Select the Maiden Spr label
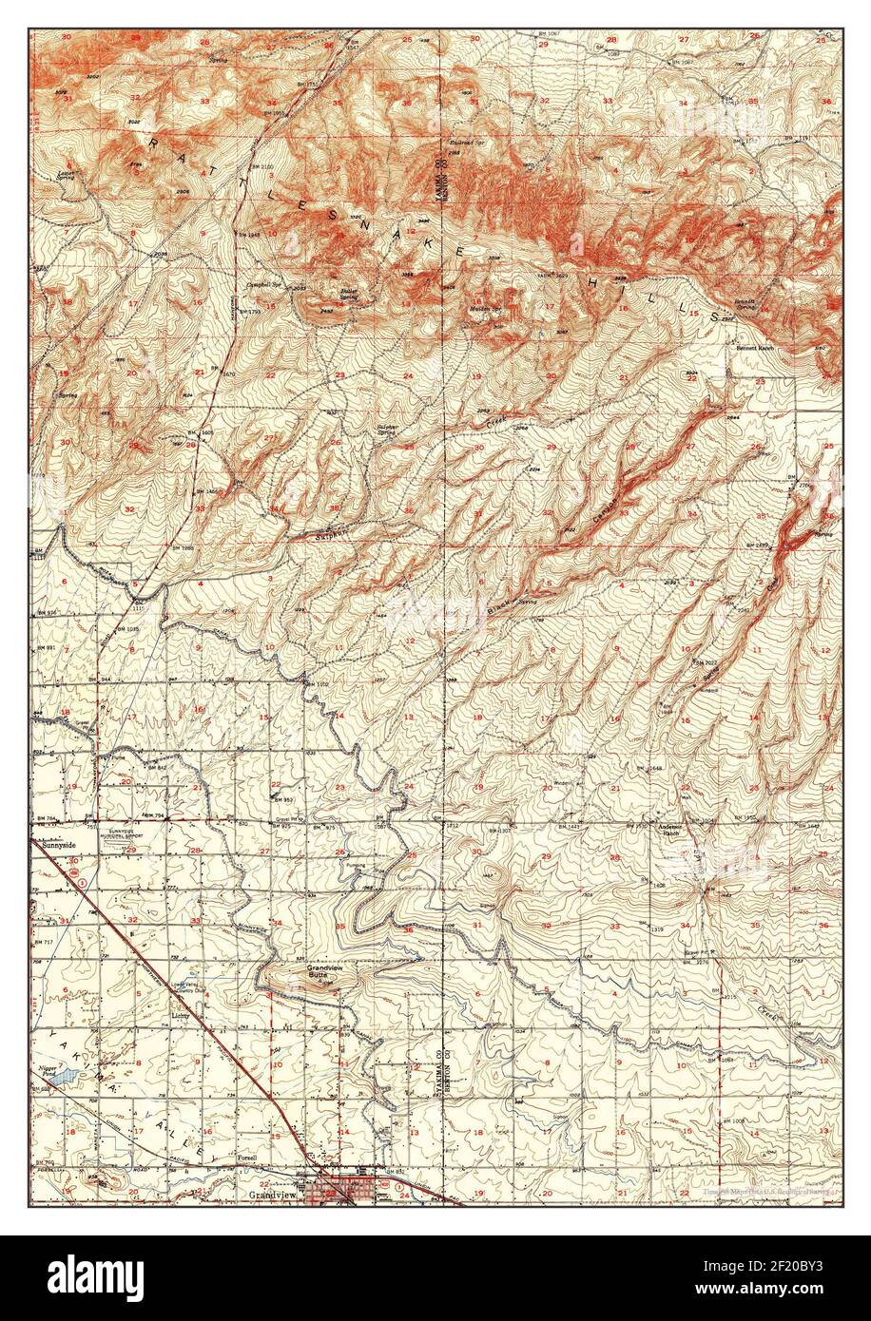[485, 309]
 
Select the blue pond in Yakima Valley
[63, 1076]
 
